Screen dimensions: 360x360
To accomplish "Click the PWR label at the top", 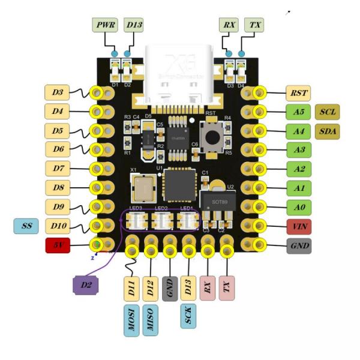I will point(105,25).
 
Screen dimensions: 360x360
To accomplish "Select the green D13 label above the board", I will point(133,25).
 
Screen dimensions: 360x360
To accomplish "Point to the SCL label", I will point(328,112).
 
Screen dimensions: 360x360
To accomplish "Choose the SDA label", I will point(328,131).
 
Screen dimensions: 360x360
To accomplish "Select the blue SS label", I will point(26,226).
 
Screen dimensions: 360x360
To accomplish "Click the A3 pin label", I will point(298,149).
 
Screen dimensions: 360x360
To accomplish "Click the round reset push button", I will point(212,137).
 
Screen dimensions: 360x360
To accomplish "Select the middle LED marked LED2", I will point(161,221).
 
